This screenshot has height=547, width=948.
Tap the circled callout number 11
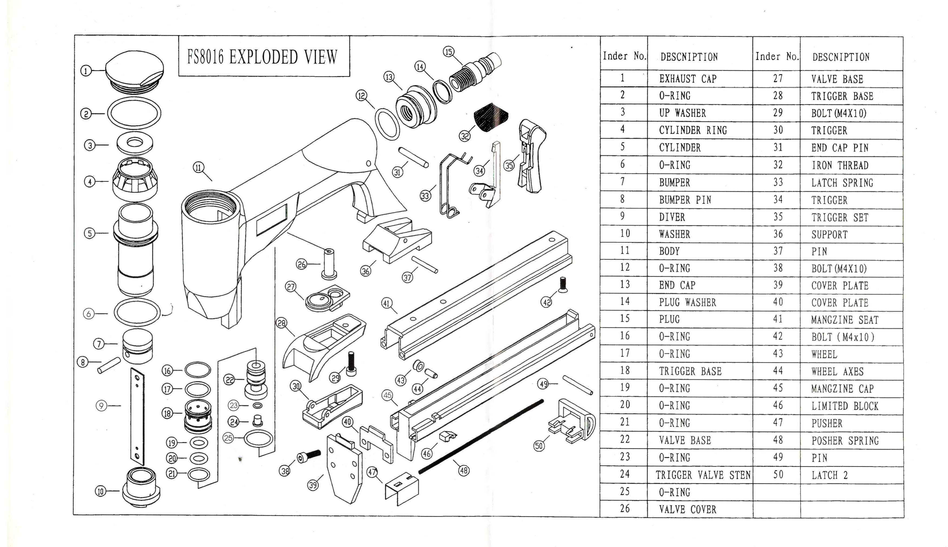pos(198,167)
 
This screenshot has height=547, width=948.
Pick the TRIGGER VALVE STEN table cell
pos(703,475)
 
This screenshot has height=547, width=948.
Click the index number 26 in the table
pos(624,509)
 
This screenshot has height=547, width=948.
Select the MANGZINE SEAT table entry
pos(844,320)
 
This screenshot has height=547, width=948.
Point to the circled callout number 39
pos(313,485)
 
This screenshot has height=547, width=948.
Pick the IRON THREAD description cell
pos(840,165)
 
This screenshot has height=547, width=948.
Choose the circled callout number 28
pos(281,323)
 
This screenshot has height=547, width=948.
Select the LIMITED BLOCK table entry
pos(844,406)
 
